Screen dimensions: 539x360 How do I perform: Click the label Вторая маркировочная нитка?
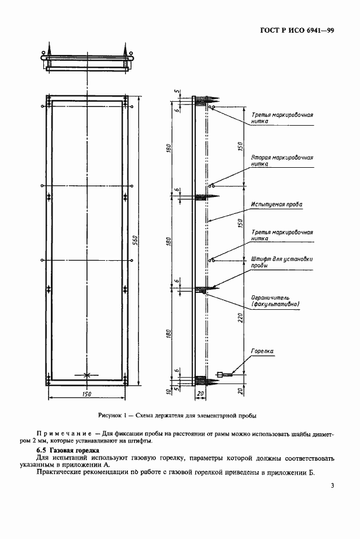[x=282, y=161]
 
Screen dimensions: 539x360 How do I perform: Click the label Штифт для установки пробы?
[x=281, y=262]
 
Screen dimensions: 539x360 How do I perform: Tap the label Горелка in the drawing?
[x=262, y=351]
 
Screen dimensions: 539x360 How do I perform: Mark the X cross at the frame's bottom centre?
[x=86, y=375]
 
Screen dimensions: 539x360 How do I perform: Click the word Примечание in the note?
[x=61, y=434]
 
